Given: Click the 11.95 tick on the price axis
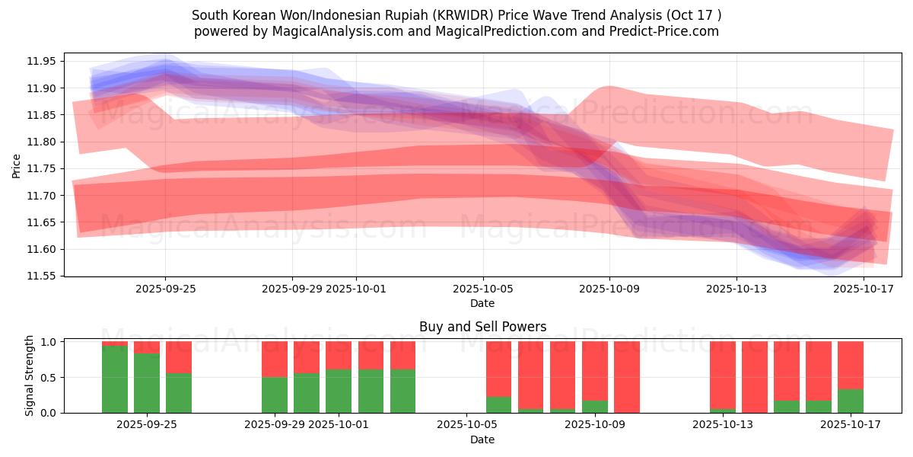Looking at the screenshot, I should [44, 61].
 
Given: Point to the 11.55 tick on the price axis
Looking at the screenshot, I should [44, 276].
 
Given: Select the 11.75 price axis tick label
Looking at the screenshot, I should [44, 168].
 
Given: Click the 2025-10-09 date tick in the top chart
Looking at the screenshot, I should [609, 289].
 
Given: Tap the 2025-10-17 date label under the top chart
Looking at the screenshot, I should [864, 289].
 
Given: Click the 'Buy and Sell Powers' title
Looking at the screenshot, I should [482, 327].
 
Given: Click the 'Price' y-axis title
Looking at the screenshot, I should [17, 165].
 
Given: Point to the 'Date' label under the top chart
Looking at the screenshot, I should [482, 303].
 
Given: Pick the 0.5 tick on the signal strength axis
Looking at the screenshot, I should [49, 378].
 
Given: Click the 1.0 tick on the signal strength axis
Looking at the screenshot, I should [49, 342].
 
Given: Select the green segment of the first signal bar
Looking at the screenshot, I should [115, 379].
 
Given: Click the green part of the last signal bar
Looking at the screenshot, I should [851, 401].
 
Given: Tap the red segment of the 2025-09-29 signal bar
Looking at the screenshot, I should [275, 359].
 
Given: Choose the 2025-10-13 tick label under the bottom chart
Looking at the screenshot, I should [723, 425].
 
